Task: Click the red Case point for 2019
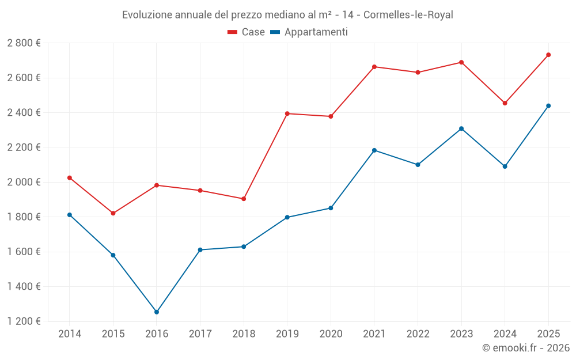click(287, 113)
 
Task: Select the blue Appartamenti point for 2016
click(157, 312)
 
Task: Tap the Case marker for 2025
click(548, 55)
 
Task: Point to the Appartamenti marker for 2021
click(374, 150)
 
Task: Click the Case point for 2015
click(113, 213)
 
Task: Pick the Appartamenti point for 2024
click(505, 166)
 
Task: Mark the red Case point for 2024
click(505, 103)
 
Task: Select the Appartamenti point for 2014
click(70, 215)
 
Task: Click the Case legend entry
click(247, 32)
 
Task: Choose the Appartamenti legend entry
click(309, 32)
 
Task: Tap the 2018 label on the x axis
click(244, 334)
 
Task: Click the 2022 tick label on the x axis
click(418, 334)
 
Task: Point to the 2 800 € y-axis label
click(24, 43)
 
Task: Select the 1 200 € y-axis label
click(24, 321)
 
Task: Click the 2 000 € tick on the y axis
click(24, 182)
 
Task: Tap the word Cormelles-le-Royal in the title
click(408, 15)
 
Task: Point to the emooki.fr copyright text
click(526, 348)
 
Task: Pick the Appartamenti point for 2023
click(461, 128)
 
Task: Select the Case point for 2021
click(374, 67)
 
